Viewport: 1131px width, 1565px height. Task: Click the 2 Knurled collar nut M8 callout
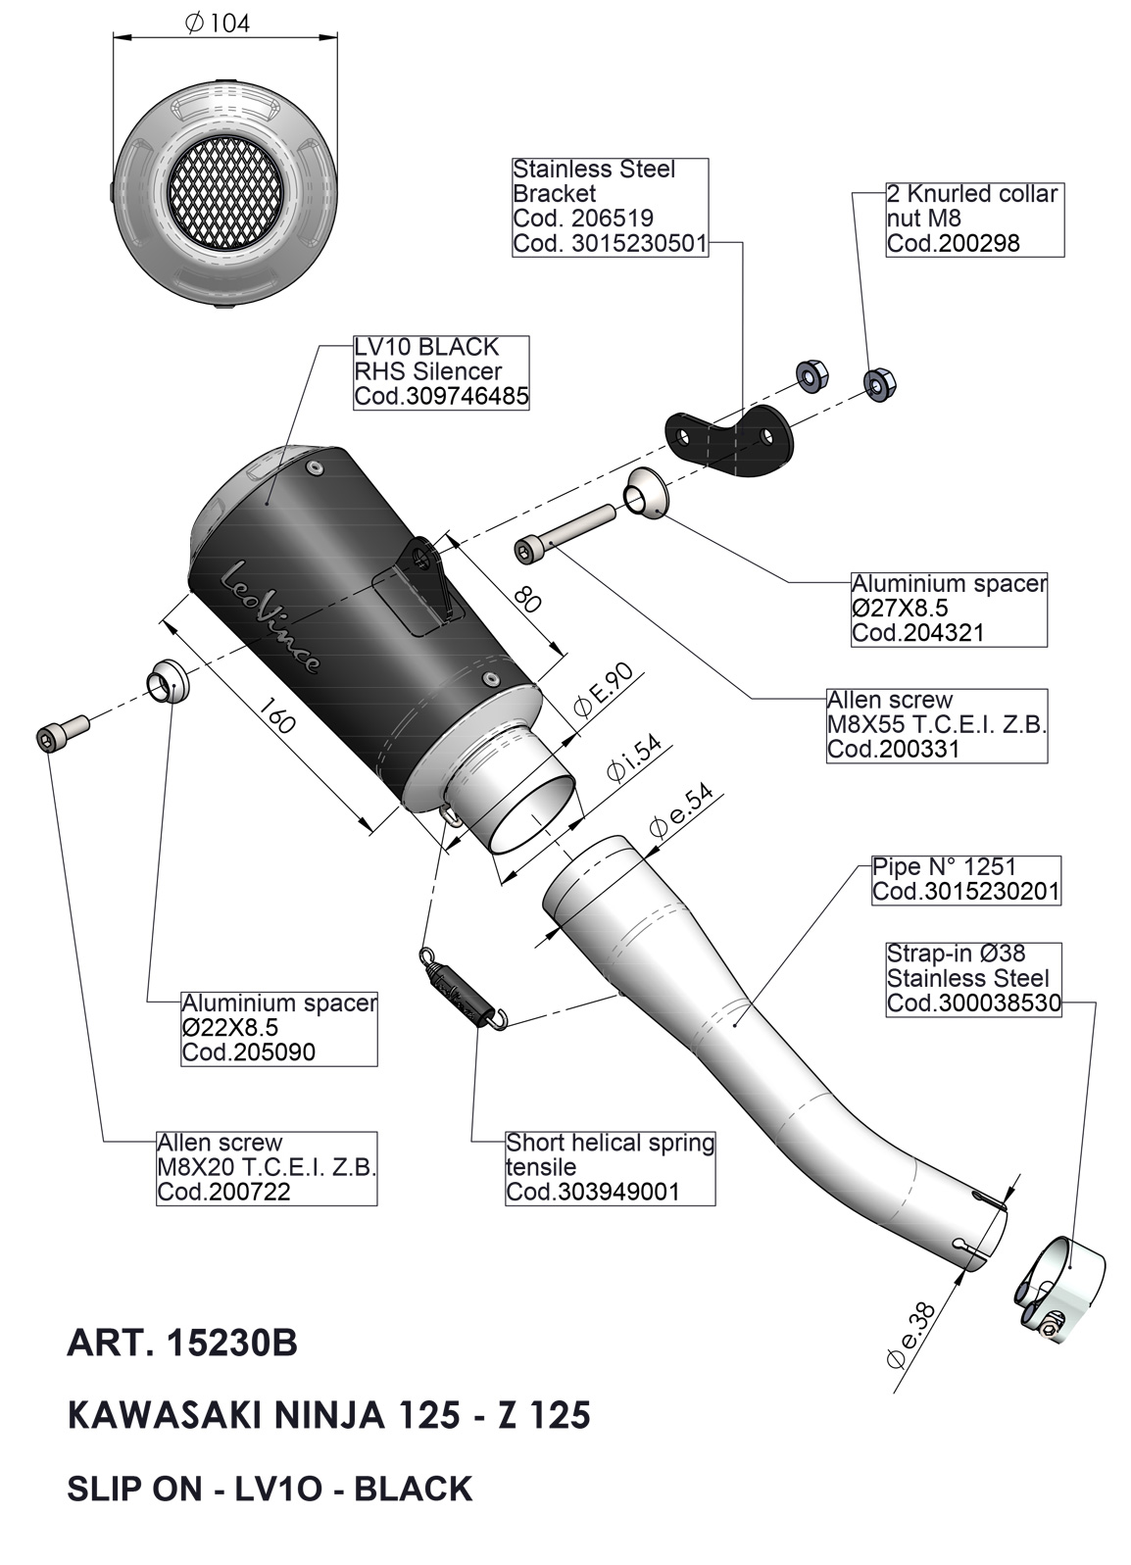pos(973,219)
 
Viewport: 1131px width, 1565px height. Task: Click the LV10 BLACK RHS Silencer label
pos(441,371)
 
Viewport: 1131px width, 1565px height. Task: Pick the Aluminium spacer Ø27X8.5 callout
pos(948,608)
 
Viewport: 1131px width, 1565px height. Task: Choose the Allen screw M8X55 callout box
pos(937,725)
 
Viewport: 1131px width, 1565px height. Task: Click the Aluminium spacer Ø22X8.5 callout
pos(279,1028)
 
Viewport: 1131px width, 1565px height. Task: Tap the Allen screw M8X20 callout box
pos(267,1167)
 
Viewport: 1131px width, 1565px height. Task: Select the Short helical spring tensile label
pos(610,1167)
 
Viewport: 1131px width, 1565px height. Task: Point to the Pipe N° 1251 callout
pos(965,879)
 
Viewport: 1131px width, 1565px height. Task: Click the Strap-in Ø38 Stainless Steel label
pos(973,978)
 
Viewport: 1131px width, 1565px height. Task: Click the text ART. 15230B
pos(181,1343)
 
